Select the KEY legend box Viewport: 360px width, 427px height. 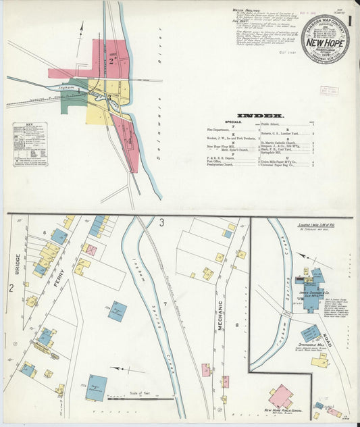coord(30,144)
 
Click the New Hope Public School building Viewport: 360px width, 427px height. coord(281,397)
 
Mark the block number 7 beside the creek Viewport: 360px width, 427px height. coord(164,305)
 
